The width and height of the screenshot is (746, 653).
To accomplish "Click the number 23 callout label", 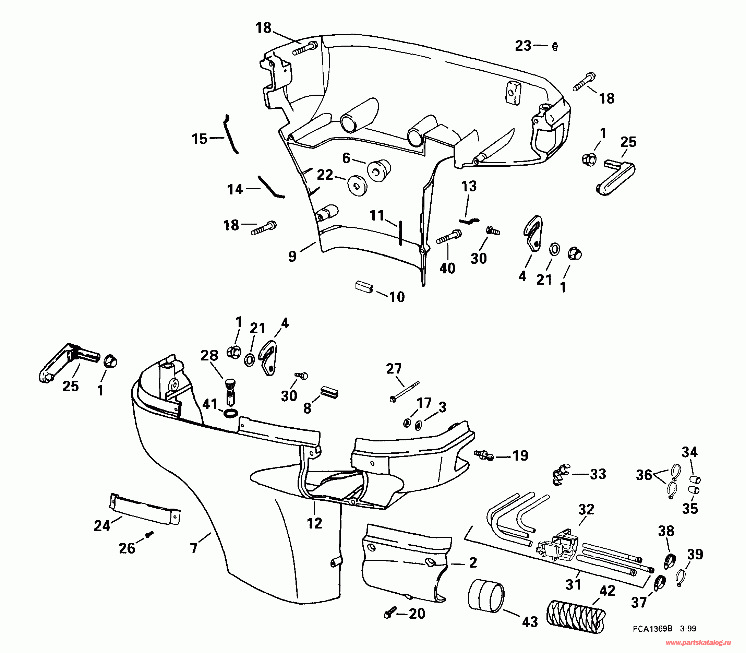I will (523, 46).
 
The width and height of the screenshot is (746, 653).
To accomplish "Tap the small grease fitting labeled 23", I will (555, 47).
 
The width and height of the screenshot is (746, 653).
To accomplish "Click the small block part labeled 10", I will (364, 287).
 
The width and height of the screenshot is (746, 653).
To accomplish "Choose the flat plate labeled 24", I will (145, 509).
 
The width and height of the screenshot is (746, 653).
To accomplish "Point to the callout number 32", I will (586, 509).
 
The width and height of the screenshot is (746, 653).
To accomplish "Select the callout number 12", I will (315, 523).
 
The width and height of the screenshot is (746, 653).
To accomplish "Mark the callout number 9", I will (292, 257).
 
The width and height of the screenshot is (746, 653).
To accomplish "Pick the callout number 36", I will (644, 475).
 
